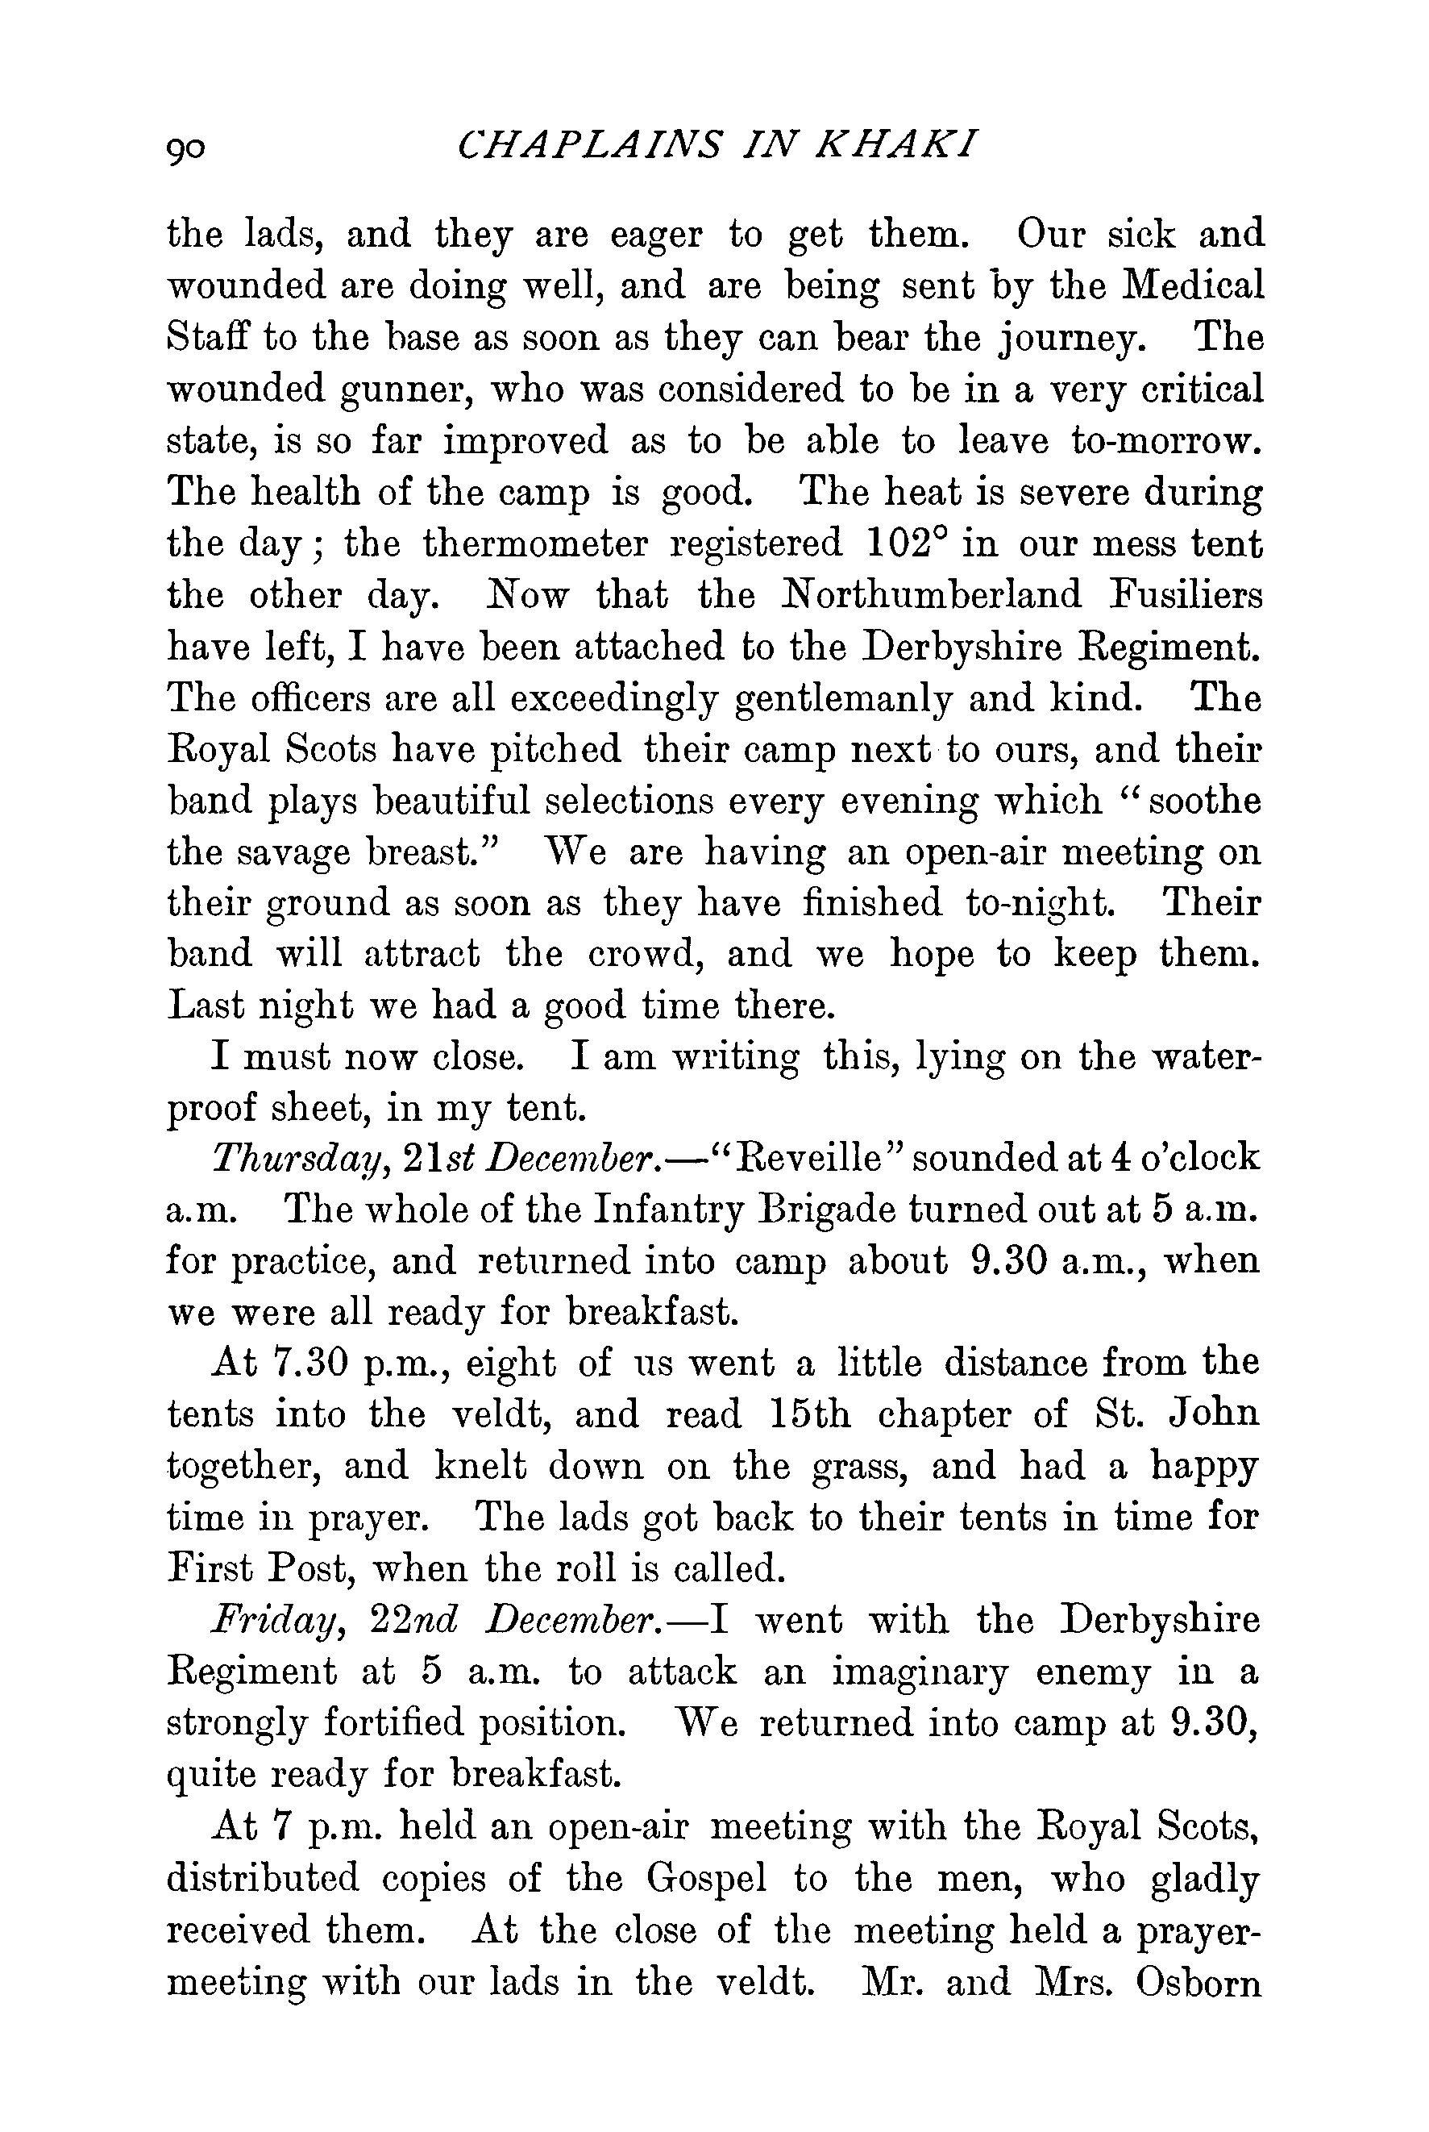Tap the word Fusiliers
click(x=1185, y=596)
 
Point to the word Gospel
click(x=706, y=1878)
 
